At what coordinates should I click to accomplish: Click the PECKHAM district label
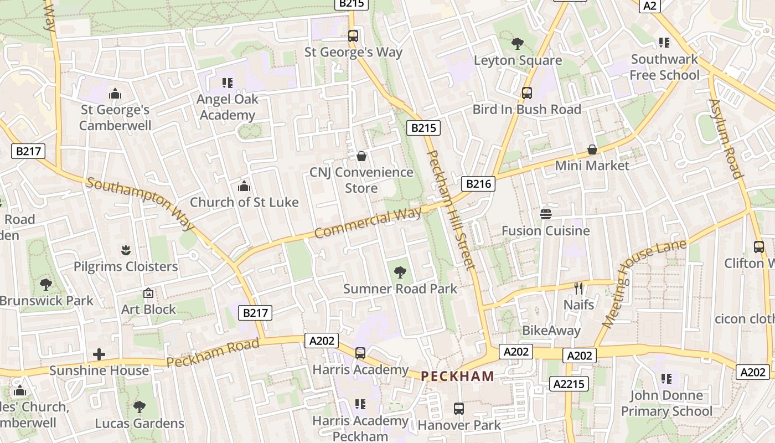click(x=457, y=376)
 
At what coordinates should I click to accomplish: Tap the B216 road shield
click(x=478, y=184)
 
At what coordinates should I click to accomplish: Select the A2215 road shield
click(x=569, y=383)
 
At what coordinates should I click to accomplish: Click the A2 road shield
click(x=650, y=6)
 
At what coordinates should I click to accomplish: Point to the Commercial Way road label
click(x=368, y=222)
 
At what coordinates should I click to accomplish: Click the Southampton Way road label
click(x=141, y=203)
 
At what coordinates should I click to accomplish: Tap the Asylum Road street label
click(x=725, y=138)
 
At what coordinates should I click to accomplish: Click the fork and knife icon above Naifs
click(x=578, y=288)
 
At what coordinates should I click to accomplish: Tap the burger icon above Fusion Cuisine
click(x=546, y=214)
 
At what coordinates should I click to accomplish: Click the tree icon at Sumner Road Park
click(x=400, y=272)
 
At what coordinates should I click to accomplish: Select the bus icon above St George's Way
click(x=353, y=36)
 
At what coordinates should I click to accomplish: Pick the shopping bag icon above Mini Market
click(x=592, y=150)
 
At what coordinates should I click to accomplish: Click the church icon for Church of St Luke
click(x=244, y=186)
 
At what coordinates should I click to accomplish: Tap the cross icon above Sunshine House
click(x=99, y=354)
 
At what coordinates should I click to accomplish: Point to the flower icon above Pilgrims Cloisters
click(x=126, y=250)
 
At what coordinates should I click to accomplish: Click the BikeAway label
click(x=551, y=331)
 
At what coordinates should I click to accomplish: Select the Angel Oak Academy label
click(x=228, y=107)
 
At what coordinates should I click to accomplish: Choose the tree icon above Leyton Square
click(x=518, y=43)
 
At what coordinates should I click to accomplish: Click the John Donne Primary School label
click(x=666, y=403)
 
